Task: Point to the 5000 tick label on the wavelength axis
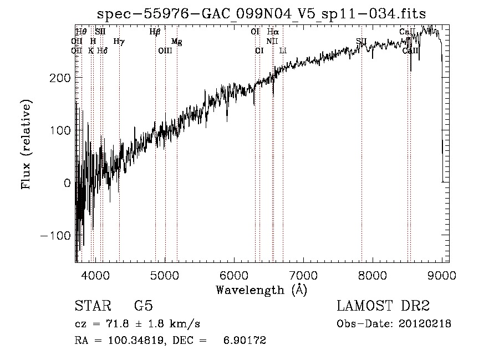(x=165, y=275)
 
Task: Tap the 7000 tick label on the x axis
(x=303, y=275)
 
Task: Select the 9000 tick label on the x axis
(x=441, y=275)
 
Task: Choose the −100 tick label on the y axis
(x=55, y=235)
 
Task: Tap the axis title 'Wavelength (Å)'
(x=261, y=290)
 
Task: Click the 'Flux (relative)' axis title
(x=26, y=144)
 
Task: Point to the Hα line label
(x=273, y=32)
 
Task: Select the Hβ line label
(x=155, y=32)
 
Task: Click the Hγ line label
(x=119, y=42)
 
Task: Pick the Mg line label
(x=176, y=42)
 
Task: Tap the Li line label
(x=283, y=50)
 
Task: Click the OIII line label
(x=165, y=50)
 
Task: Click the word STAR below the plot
(x=93, y=306)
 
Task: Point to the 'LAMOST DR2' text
(x=383, y=306)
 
